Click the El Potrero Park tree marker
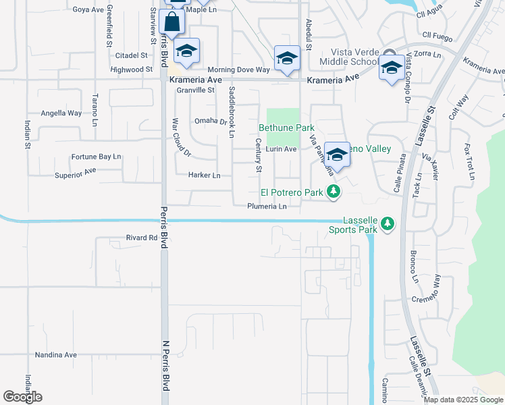(332, 192)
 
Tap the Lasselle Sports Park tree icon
(387, 223)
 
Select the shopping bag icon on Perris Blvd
(173, 22)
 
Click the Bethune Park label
(286, 127)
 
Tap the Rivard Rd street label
(141, 238)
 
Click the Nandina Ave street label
(57, 354)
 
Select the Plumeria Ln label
(267, 207)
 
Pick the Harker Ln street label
(206, 175)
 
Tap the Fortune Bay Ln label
(96, 157)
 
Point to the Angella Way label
(61, 113)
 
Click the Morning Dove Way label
(239, 70)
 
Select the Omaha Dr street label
(211, 121)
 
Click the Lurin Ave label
(281, 149)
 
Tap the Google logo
(23, 397)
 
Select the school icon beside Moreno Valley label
(336, 155)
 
